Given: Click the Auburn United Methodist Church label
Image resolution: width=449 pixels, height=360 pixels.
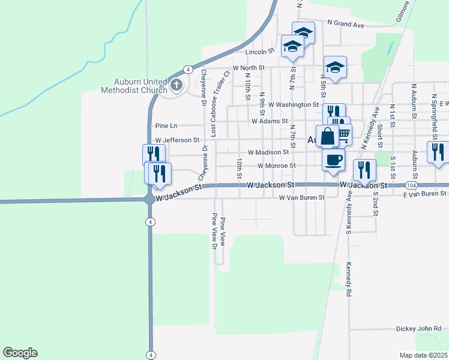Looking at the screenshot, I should (141, 86).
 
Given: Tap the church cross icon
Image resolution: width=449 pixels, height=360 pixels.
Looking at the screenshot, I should (176, 85).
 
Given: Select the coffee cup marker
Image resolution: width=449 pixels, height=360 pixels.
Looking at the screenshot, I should (333, 160).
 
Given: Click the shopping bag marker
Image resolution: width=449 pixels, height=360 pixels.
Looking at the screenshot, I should (328, 136).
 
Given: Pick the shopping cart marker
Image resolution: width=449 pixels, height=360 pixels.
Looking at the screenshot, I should (343, 135).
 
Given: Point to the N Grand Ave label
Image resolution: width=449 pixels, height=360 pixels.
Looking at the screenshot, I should (346, 25).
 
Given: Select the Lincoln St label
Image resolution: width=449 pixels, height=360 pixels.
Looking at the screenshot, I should (259, 52).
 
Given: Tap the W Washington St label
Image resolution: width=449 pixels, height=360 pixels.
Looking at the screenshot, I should (293, 104).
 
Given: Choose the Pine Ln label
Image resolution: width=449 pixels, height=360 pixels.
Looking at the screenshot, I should (166, 126).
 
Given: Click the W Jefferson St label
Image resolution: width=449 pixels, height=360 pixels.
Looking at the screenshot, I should (177, 140).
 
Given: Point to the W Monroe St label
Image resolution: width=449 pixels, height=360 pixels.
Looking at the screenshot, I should (277, 166).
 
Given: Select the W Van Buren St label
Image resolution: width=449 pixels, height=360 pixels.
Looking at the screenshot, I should (301, 197).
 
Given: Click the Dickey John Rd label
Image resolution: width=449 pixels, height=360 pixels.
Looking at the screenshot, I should (418, 329).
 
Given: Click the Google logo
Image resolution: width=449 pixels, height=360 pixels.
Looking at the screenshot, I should (20, 353).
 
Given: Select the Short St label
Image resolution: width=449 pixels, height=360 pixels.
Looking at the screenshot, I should (380, 136).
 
